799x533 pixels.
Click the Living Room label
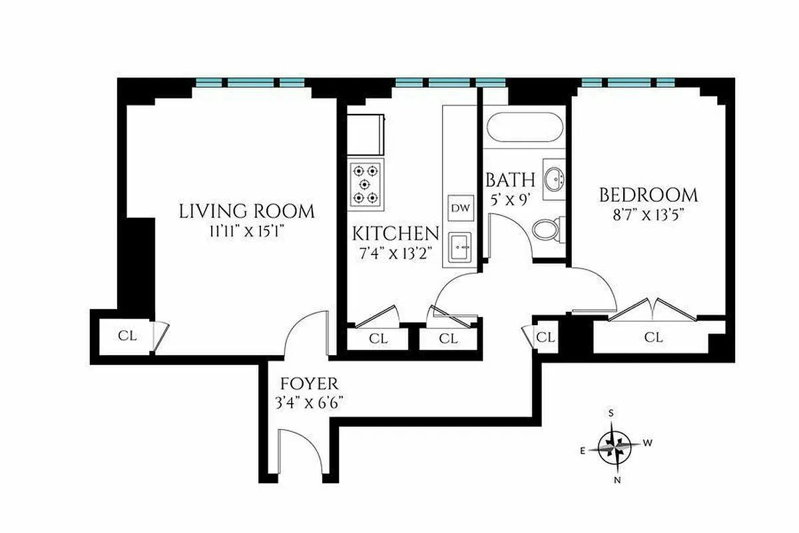coord(246,212)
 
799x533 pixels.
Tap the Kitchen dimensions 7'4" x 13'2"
coord(396,253)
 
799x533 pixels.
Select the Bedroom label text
coord(649,195)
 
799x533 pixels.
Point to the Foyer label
coord(310,384)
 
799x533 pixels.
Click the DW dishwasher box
coord(460,208)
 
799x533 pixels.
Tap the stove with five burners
coord(365,183)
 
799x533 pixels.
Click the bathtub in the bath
coord(525,127)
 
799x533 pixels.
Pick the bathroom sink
coord(554,178)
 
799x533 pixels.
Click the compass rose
coord(615,446)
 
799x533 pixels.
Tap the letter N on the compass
coord(617,480)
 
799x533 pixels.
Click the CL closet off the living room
coord(127,336)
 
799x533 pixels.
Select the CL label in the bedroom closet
coord(654,338)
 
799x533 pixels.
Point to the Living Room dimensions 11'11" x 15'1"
coord(246,232)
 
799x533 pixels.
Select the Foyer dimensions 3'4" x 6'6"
coord(310,402)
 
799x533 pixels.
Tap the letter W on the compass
coord(648,442)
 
